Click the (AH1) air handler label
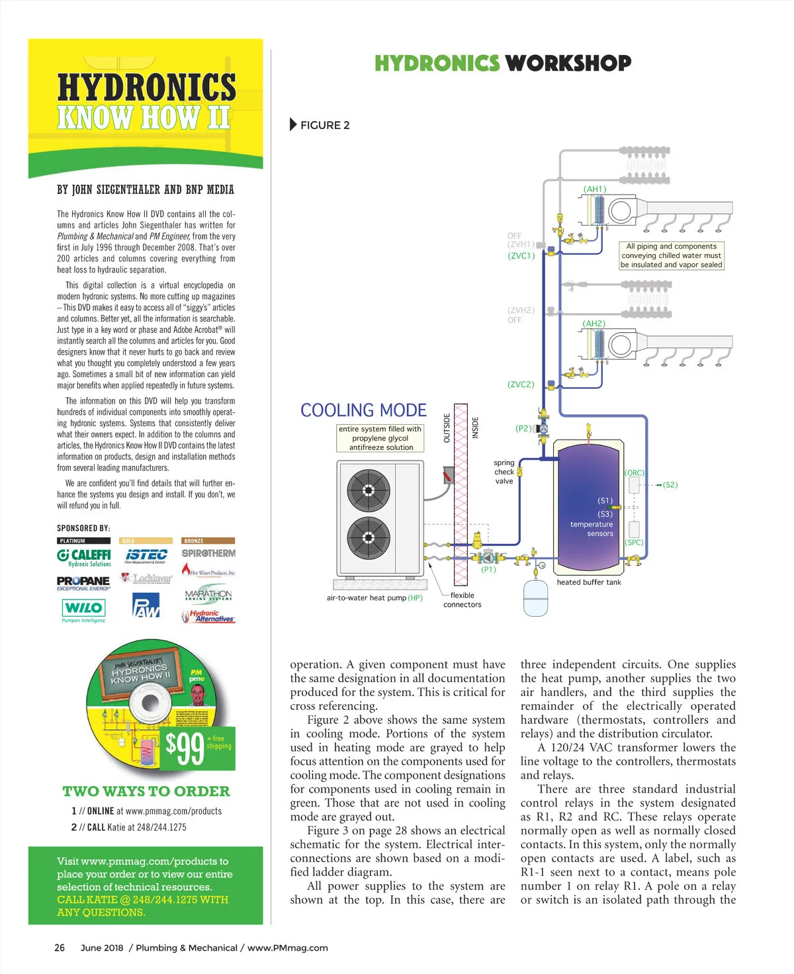594,189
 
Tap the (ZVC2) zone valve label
521,384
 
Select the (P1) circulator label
488,570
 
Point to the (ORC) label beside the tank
635,473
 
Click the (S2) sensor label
670,485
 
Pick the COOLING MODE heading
363,410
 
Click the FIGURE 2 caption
324,125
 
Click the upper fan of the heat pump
369,492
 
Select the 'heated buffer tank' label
589,582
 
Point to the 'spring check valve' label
504,472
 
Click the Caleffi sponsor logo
84,556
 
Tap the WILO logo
83,608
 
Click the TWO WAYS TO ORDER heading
146,791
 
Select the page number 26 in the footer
60,948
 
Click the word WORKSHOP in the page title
568,64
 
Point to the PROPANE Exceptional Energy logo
83,583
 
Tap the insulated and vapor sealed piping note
671,255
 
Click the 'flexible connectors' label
463,600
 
